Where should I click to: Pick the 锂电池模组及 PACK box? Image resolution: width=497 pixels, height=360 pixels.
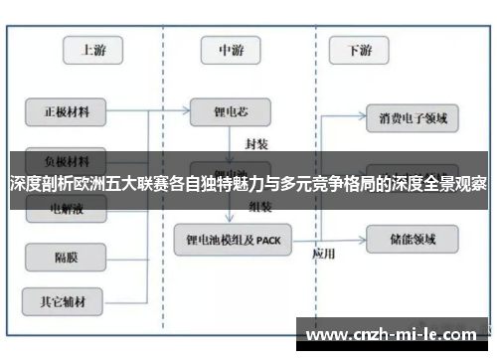(x=234, y=240)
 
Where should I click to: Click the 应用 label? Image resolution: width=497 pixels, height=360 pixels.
(x=323, y=252)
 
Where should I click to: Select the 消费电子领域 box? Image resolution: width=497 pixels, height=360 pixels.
(x=413, y=119)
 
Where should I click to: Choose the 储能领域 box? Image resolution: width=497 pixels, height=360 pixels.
(x=413, y=239)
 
